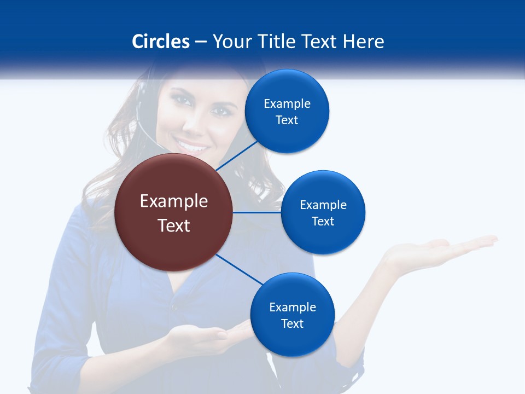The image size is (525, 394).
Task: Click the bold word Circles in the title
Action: (160, 42)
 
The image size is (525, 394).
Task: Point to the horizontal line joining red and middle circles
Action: (257, 212)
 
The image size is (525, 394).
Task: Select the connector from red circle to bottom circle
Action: (239, 269)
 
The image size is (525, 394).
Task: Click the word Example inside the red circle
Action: (174, 201)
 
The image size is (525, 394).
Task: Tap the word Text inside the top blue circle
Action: (287, 120)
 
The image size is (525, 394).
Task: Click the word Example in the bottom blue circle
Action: (292, 307)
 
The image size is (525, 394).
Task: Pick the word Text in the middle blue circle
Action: (323, 221)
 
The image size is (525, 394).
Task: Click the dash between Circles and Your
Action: (201, 42)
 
